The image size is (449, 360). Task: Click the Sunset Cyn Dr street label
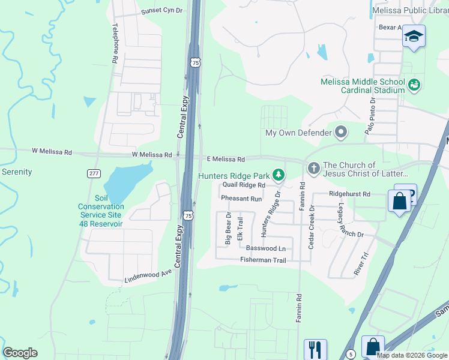pyautogui.click(x=161, y=11)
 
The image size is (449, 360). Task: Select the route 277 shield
pyautogui.click(x=93, y=173)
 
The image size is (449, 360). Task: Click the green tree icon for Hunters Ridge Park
pyautogui.click(x=278, y=175)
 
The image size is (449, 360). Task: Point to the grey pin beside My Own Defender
pyautogui.click(x=342, y=132)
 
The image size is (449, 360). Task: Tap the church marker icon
pyautogui.click(x=313, y=169)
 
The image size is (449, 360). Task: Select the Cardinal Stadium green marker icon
pyautogui.click(x=414, y=86)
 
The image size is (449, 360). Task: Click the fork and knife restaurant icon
pyautogui.click(x=315, y=349)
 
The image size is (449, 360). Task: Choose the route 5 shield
pyautogui.click(x=351, y=355)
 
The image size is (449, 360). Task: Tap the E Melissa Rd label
pyautogui.click(x=226, y=159)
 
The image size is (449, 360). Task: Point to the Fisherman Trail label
pyautogui.click(x=263, y=260)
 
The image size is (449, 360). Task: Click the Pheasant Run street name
pyautogui.click(x=241, y=198)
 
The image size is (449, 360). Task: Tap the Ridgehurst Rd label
pyautogui.click(x=350, y=194)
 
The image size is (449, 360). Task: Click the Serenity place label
pyautogui.click(x=17, y=172)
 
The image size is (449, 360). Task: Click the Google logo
pyautogui.click(x=20, y=352)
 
